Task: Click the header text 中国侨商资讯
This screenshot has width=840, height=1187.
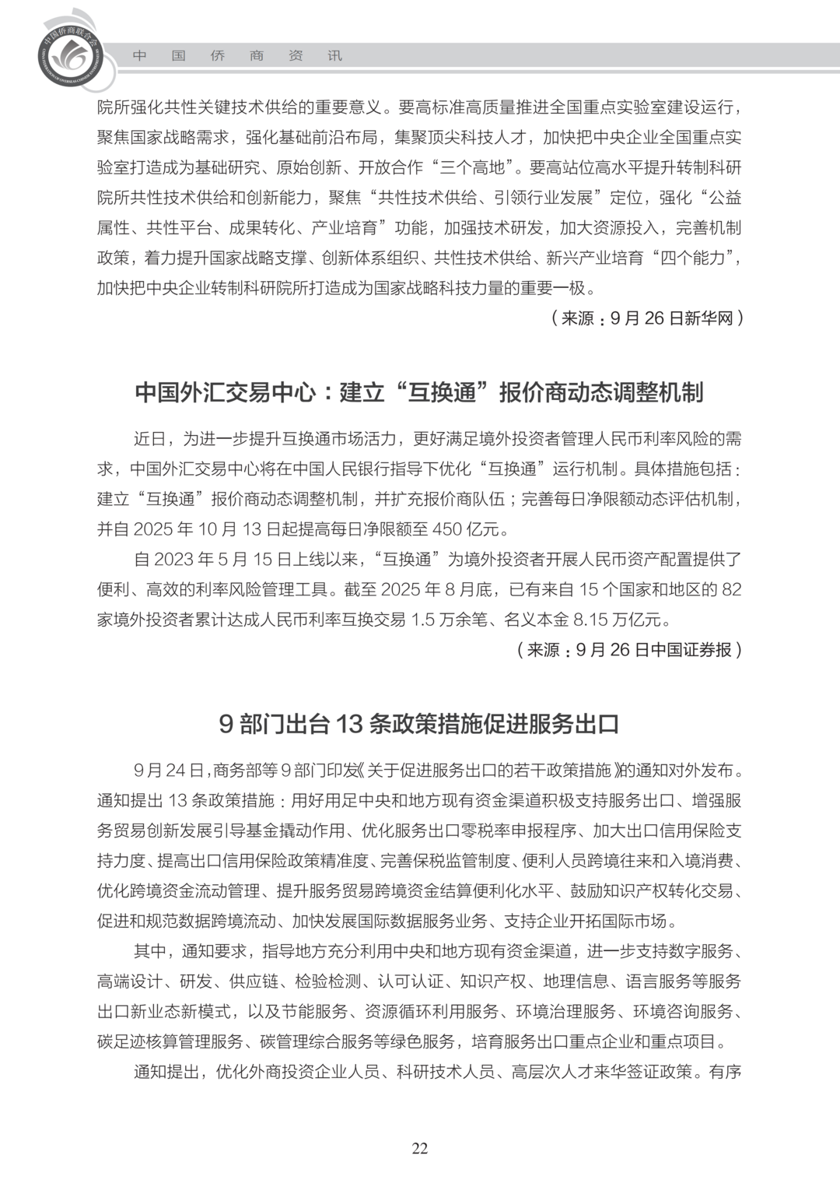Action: coord(237,56)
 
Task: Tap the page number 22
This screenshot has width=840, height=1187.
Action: coord(420,1148)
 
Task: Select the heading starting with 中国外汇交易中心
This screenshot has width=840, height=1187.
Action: coord(419,392)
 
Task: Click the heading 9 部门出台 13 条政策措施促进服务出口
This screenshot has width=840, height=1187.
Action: coord(419,724)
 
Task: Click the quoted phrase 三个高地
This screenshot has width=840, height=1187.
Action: coord(475,167)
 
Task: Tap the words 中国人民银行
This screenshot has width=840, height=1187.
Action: coord(344,469)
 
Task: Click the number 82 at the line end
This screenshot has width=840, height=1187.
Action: coord(731,590)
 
